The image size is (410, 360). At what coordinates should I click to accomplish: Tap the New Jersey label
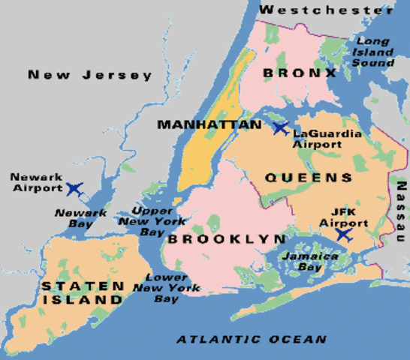point(90,75)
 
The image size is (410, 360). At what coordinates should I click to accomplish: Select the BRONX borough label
point(300,73)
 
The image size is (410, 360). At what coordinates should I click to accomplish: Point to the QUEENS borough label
point(309,178)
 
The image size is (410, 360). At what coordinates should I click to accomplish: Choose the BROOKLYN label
point(226,239)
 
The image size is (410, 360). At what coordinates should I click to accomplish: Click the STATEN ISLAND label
point(83,292)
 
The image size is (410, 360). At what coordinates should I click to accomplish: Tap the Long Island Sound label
point(375,52)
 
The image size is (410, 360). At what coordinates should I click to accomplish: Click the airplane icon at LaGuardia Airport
point(281,128)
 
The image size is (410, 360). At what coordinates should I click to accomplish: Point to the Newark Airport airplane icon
point(74,187)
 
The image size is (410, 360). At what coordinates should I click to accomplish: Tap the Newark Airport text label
point(35,182)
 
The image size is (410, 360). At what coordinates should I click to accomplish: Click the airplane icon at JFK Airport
point(343,235)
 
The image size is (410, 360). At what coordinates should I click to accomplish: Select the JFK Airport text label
point(344,217)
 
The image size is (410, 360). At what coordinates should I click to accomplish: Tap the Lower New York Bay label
point(166,288)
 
